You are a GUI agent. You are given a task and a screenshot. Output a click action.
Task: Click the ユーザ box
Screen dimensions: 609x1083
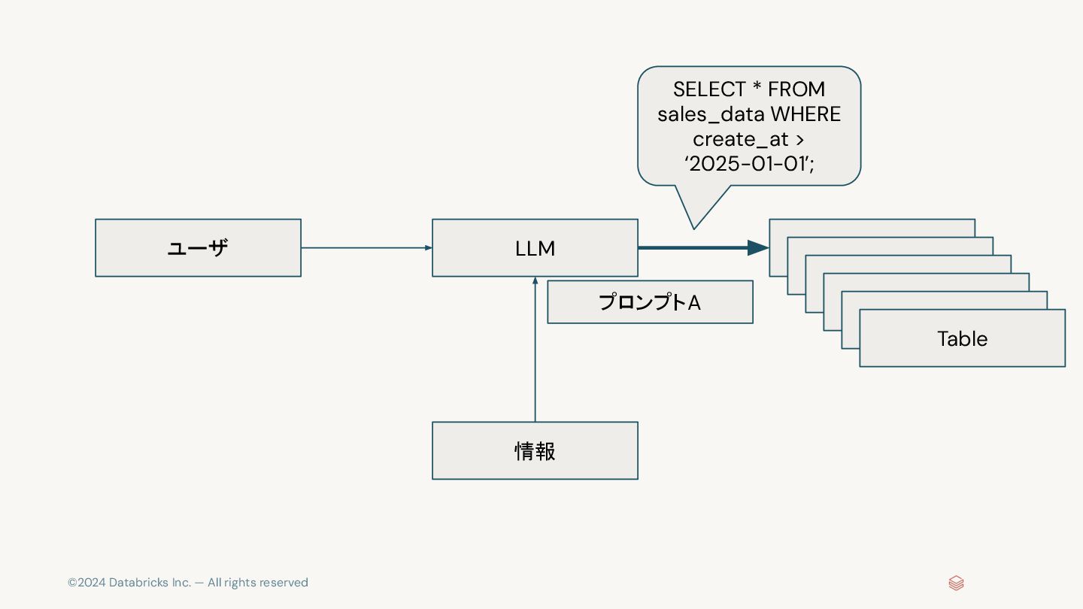coord(198,248)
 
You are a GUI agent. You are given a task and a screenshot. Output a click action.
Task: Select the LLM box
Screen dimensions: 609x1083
coord(535,248)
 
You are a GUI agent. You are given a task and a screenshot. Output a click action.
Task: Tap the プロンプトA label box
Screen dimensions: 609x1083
coord(650,302)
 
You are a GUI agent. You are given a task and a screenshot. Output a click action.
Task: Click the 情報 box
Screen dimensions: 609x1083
coord(535,450)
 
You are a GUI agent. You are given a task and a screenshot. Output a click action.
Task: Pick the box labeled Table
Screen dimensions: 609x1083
coord(962,338)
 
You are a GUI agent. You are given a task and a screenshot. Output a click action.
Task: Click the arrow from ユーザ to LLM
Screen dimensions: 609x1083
coord(366,247)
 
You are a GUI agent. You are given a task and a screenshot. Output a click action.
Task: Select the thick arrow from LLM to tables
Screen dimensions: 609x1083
coord(702,247)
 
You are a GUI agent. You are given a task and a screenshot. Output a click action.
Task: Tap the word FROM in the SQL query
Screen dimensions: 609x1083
coord(796,89)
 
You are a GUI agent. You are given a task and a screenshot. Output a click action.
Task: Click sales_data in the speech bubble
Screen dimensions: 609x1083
coord(702,114)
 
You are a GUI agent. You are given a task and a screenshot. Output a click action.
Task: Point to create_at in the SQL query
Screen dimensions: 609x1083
coord(740,139)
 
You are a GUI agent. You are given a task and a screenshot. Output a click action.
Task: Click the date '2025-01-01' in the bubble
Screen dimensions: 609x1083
coord(748,164)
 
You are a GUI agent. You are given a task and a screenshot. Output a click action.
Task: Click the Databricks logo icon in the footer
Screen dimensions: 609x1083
coord(956,583)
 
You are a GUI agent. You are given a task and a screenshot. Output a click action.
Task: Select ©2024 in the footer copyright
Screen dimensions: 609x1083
coord(86,583)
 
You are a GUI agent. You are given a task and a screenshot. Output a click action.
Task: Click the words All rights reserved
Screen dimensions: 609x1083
coord(258,583)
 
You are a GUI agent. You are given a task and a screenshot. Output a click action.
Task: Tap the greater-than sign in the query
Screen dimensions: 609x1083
coord(799,140)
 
